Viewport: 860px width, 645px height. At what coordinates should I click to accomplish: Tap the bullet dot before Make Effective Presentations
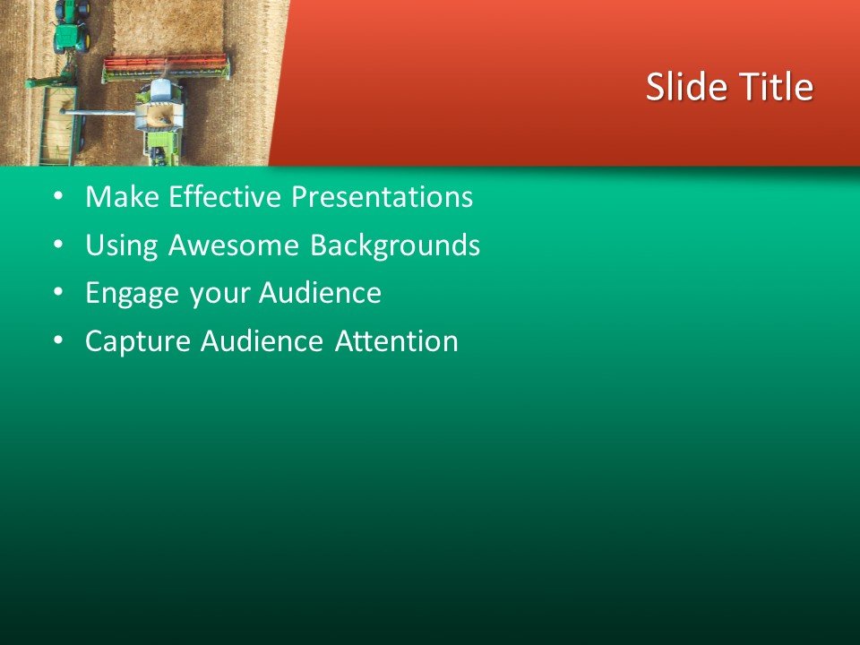[x=58, y=196]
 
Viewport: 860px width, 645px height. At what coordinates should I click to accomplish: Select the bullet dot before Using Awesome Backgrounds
[x=58, y=245]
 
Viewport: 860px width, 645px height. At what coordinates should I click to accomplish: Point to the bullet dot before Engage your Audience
[x=58, y=293]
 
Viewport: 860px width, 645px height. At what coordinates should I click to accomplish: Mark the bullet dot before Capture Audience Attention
[x=58, y=341]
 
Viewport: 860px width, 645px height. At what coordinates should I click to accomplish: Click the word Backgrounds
[x=395, y=245]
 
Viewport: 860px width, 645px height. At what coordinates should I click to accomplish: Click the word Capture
[x=139, y=342]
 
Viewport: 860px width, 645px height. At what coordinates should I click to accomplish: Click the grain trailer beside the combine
[x=58, y=125]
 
